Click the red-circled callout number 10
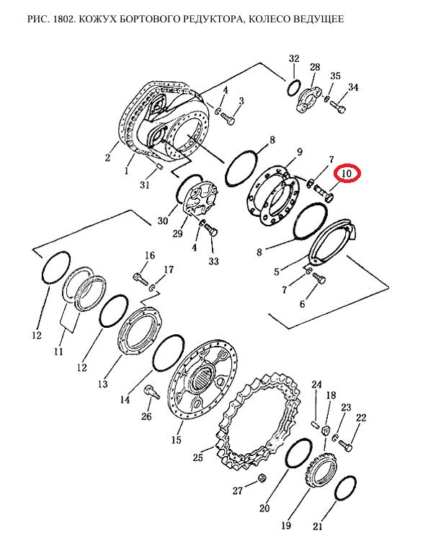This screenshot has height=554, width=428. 348,174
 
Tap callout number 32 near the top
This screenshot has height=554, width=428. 294,58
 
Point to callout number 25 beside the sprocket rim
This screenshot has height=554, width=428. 198,457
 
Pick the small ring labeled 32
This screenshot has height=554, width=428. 294,88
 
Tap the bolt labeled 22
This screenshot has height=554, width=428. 345,444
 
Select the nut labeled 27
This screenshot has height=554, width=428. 262,478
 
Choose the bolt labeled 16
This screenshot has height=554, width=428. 141,279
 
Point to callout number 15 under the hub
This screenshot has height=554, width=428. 177,440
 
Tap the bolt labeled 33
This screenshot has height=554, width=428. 211,231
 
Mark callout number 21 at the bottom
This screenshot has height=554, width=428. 318,527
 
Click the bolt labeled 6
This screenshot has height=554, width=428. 319,279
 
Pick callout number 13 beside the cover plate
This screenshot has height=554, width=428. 103,383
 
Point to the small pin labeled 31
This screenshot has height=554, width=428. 159,166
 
